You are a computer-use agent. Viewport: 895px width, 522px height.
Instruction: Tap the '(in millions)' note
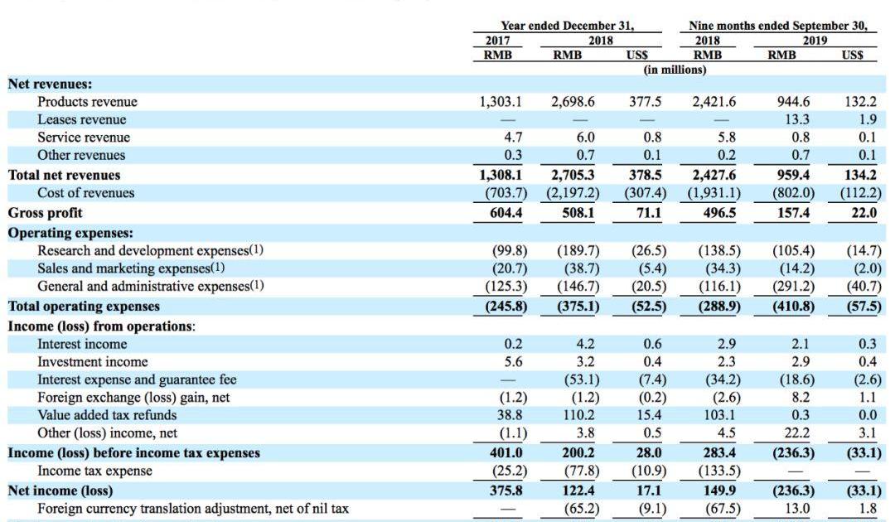675,70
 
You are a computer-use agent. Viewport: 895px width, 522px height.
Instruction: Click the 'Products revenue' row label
87,102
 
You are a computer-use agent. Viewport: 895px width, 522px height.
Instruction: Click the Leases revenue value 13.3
796,120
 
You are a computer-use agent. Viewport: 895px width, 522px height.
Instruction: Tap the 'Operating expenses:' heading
70,233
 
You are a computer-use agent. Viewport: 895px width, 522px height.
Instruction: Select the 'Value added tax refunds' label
107,415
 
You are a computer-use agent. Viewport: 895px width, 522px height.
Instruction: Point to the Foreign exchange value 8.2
801,398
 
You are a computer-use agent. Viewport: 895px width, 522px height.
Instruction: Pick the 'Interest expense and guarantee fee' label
137,379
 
